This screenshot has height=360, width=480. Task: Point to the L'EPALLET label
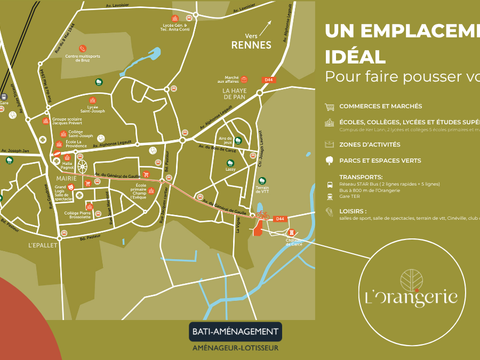click(43, 245)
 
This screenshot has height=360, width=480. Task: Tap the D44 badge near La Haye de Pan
click(268, 79)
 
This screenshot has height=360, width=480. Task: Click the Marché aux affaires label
click(232, 81)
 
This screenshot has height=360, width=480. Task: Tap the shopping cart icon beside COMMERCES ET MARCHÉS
click(329, 105)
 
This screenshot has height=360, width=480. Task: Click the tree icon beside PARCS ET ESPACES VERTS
click(329, 158)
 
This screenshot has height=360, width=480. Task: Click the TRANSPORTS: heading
click(363, 174)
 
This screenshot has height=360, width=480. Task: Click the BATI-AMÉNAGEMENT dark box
click(235, 330)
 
